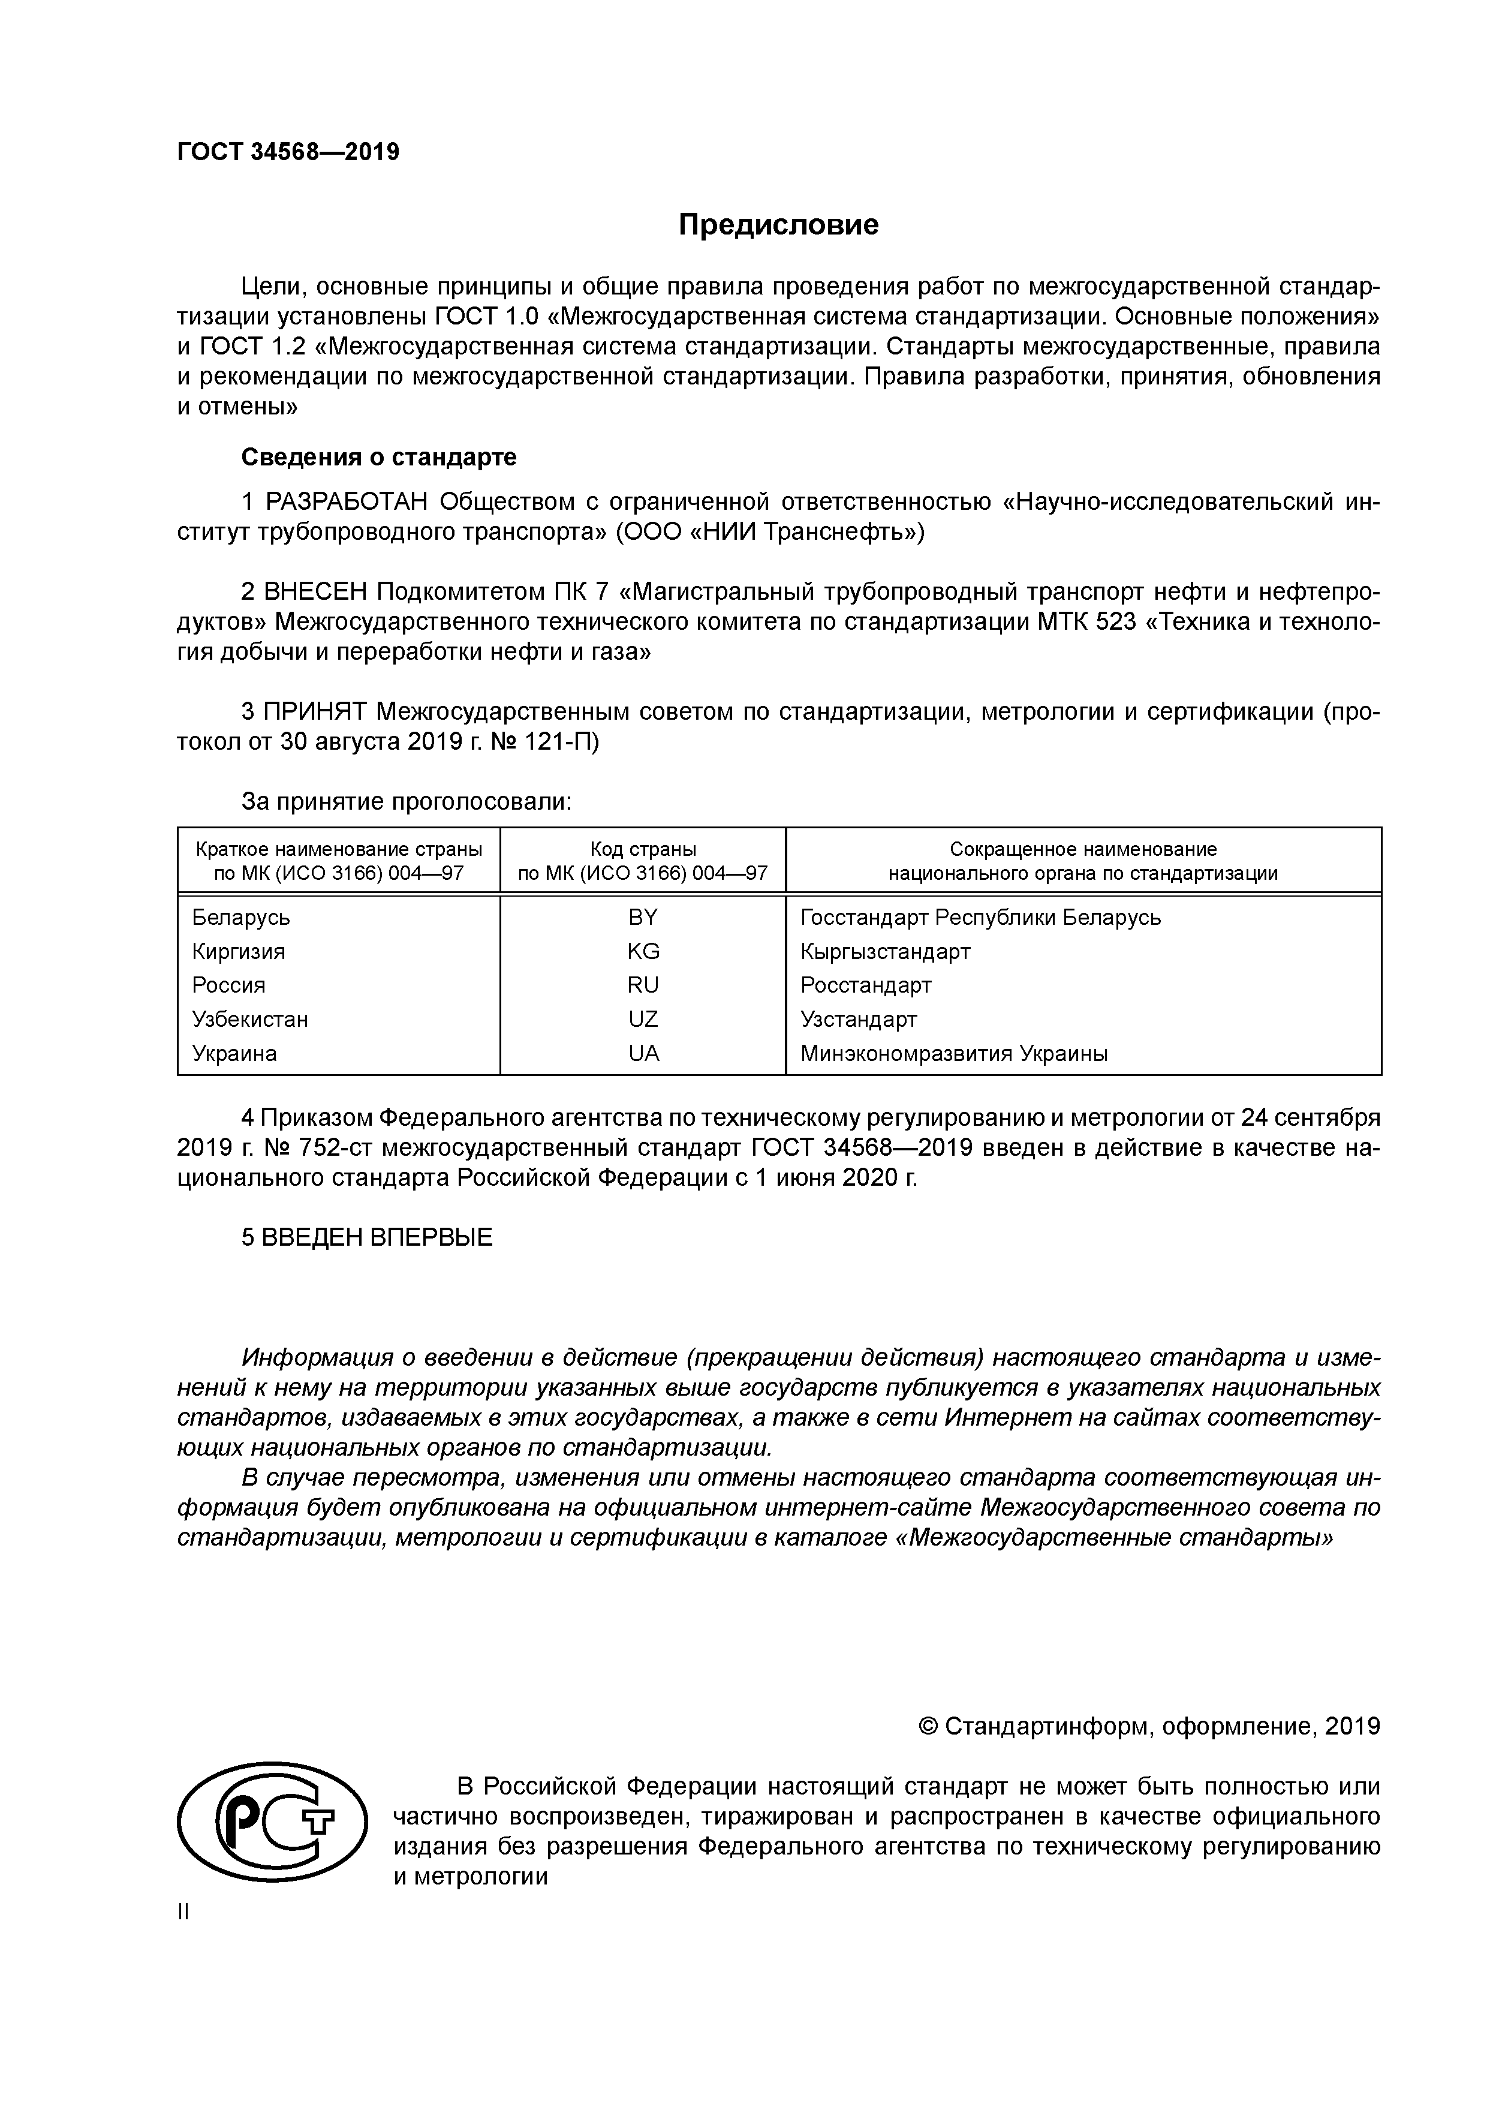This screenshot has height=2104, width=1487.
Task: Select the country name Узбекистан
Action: [x=249, y=1019]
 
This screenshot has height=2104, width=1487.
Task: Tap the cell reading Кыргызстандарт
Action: [x=885, y=951]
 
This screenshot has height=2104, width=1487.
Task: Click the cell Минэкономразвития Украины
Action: [x=954, y=1053]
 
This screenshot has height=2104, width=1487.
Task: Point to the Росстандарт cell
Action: [x=866, y=985]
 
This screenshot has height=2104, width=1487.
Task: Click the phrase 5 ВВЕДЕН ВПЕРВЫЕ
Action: [x=366, y=1237]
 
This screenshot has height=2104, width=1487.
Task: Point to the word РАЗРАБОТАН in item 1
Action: [x=347, y=502]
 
